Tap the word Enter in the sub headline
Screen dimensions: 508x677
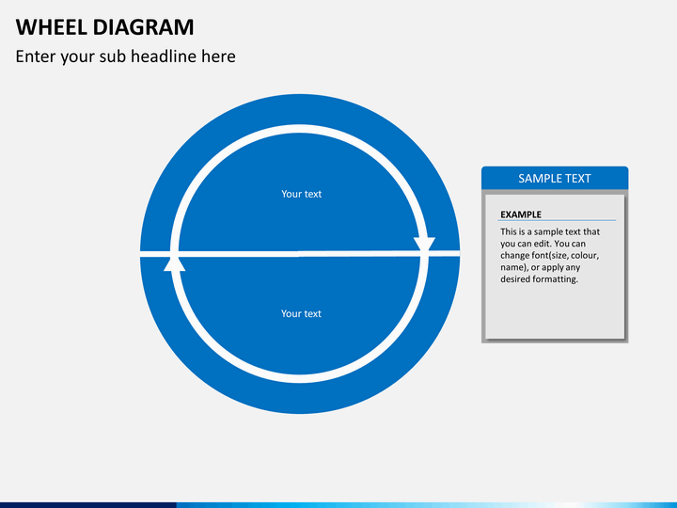pos(36,56)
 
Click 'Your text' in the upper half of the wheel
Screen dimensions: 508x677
pos(301,194)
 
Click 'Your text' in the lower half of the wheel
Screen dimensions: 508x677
pos(301,313)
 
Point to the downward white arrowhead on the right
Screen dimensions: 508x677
pos(424,245)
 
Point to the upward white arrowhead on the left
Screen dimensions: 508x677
pos(175,262)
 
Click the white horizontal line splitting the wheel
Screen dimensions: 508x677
pos(301,254)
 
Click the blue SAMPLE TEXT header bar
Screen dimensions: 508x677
pos(555,178)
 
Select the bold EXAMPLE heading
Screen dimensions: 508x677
pos(521,214)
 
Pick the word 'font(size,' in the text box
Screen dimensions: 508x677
pos(563,255)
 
